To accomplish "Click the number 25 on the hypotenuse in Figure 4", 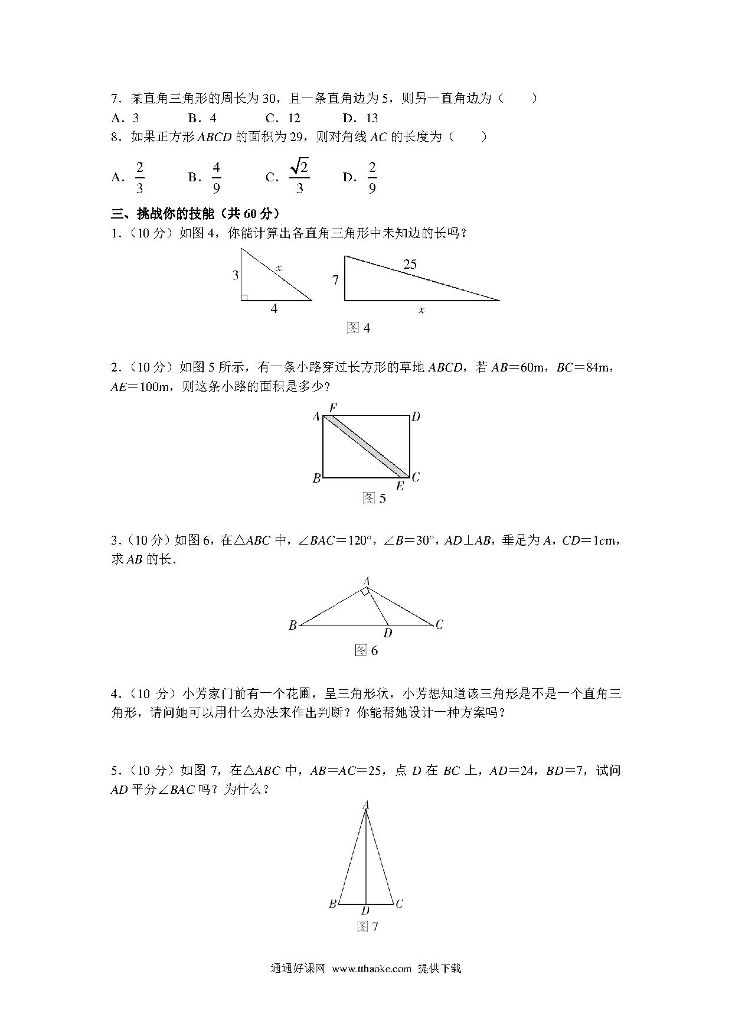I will [410, 264].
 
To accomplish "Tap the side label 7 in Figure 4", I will [335, 280].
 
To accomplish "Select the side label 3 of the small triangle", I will [235, 275].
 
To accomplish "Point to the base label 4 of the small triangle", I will [274, 308].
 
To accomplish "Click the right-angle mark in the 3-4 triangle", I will [244, 297].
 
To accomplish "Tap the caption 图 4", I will [358, 328].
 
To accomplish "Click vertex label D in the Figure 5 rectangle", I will [416, 417].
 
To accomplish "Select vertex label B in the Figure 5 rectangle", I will [316, 478].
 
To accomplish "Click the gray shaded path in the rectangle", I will [366, 446].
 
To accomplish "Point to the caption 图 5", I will [374, 499].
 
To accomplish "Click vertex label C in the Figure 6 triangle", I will [439, 624].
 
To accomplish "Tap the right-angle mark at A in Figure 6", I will [366, 591].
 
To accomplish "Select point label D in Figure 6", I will [387, 634].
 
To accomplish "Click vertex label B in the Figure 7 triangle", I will [332, 904].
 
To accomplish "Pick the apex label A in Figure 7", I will [366, 804].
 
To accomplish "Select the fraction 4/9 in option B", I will [216, 177].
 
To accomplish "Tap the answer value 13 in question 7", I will [372, 118].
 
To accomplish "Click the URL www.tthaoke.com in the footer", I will [371, 968].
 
